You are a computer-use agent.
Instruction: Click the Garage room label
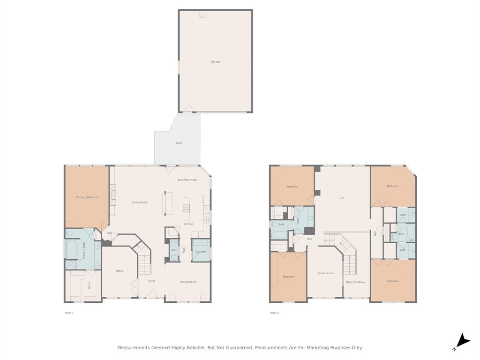215,61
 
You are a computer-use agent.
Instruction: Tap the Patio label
179,143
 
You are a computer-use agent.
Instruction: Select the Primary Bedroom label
87,197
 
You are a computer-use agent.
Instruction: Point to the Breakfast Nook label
187,180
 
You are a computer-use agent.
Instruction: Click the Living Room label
140,202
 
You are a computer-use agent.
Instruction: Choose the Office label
120,271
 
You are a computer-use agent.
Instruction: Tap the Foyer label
152,281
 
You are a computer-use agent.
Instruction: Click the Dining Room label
188,282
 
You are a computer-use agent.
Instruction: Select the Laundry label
202,252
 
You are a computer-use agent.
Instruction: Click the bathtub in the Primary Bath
72,249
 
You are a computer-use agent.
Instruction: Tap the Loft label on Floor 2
342,198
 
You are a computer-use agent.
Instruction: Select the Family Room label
326,273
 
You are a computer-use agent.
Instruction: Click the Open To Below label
355,282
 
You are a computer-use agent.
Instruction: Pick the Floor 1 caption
69,313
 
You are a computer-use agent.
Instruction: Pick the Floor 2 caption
274,313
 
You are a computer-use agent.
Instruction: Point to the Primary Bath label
84,250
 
